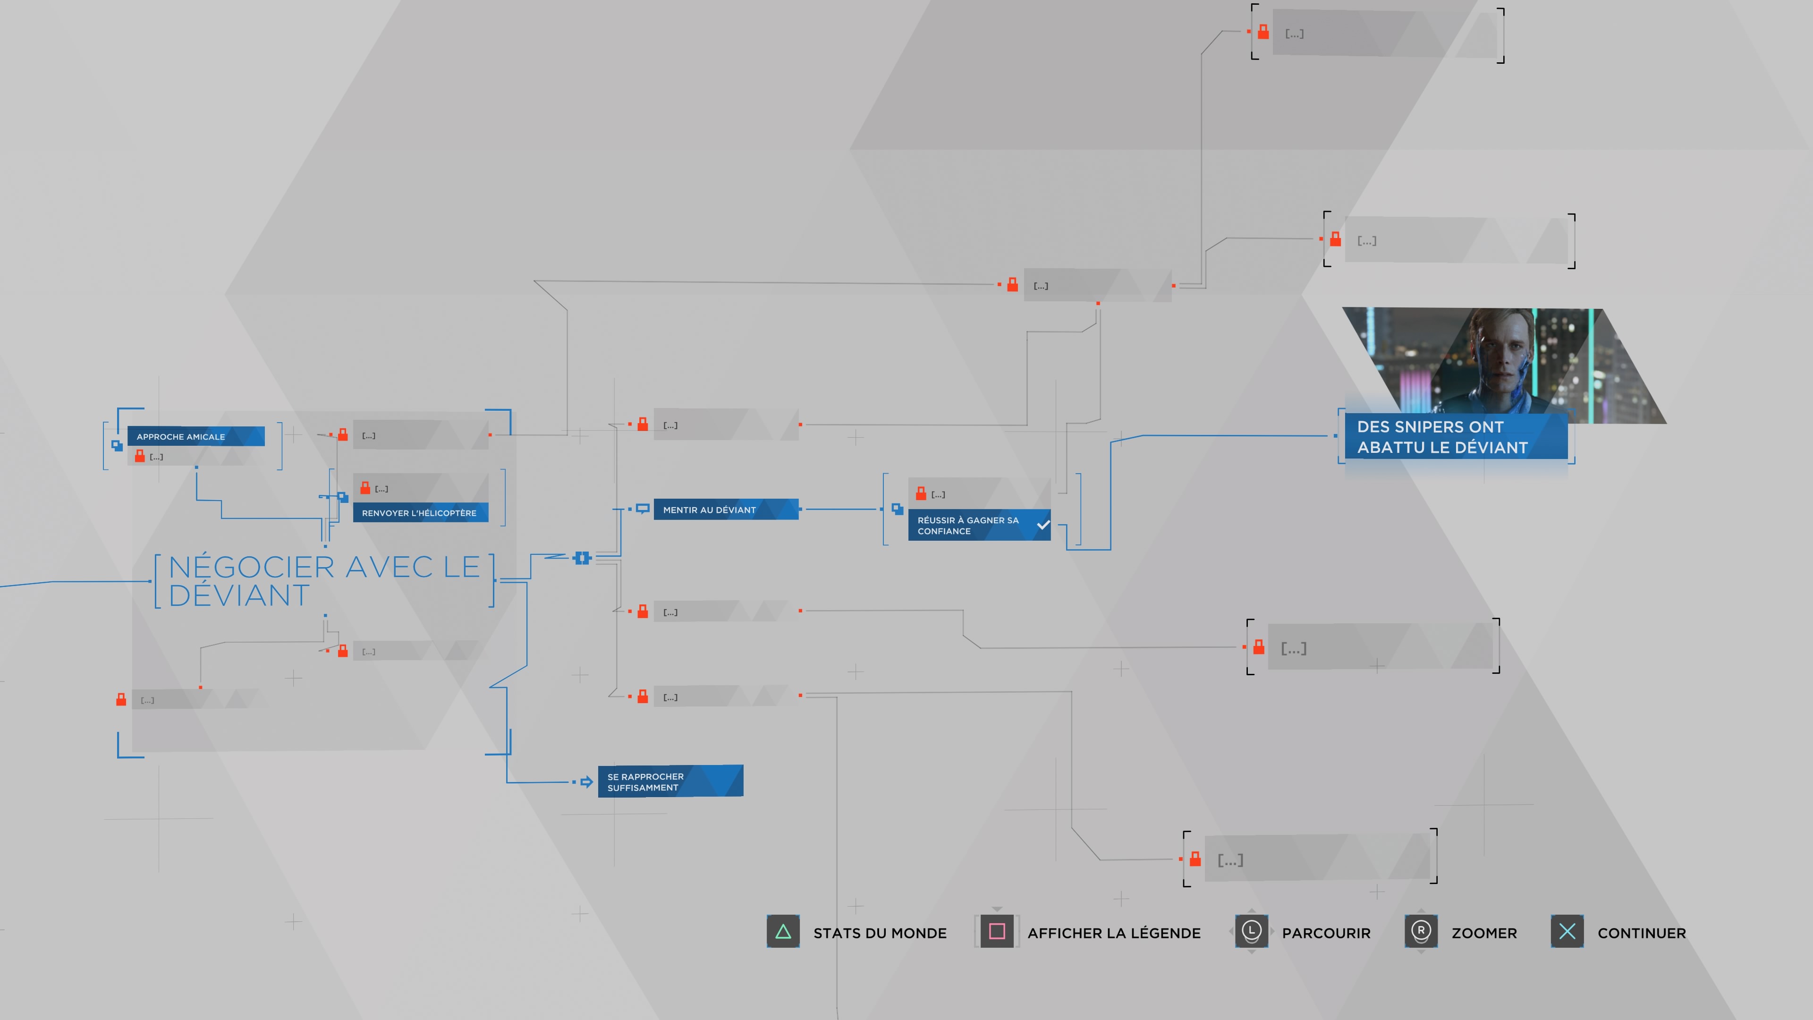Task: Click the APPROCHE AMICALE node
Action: coord(195,436)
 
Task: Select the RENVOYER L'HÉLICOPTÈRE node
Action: coord(419,512)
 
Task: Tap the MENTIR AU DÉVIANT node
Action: coord(725,510)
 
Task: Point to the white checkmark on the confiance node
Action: coord(1043,525)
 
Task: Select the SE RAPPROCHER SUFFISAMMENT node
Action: coord(669,782)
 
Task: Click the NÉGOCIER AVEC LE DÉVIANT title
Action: coord(324,581)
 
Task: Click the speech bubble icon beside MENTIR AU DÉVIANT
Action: coord(642,508)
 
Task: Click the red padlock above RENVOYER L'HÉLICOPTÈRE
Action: coord(365,487)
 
